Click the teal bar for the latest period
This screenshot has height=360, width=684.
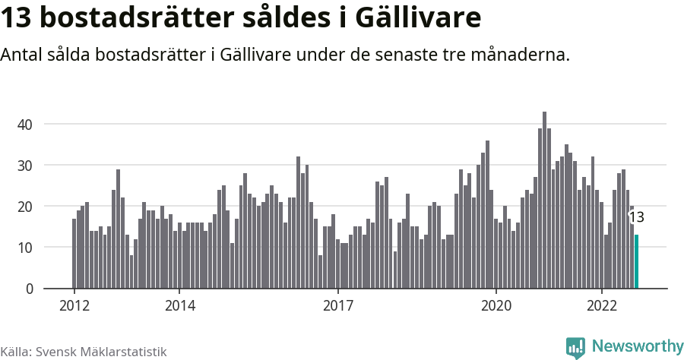tap(637, 262)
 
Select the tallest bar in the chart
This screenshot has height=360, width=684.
tap(544, 201)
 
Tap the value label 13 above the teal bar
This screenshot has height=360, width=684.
tap(637, 217)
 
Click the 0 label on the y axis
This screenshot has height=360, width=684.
tap(30, 289)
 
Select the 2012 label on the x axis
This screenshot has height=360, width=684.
tap(74, 306)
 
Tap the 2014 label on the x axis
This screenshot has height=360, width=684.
tap(179, 306)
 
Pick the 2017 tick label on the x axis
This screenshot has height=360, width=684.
tap(337, 306)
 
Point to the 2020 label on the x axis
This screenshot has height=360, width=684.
tap(496, 306)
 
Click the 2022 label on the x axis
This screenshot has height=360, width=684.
tap(601, 306)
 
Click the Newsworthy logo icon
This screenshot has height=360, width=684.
tap(575, 348)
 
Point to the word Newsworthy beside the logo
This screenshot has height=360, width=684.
tap(637, 347)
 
